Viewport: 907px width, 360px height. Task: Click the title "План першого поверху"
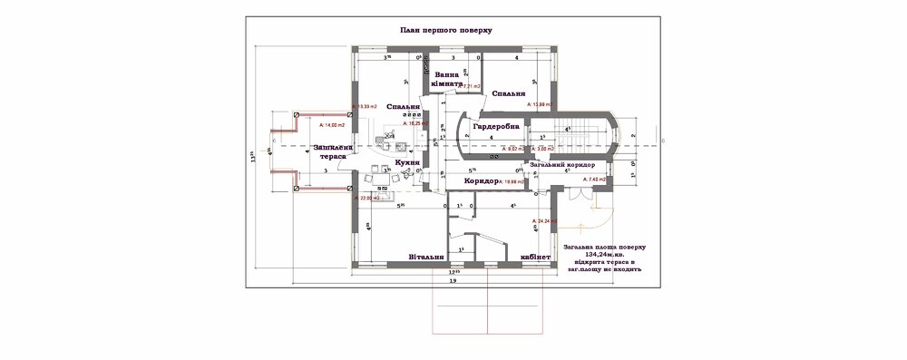point(445,30)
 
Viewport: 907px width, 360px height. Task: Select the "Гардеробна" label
point(496,126)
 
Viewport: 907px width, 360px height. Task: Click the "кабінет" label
point(535,257)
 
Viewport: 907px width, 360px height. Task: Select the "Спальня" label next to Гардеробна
point(508,92)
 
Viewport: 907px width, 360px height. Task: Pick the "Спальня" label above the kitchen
point(403,106)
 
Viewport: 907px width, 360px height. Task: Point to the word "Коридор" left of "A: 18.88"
point(482,181)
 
